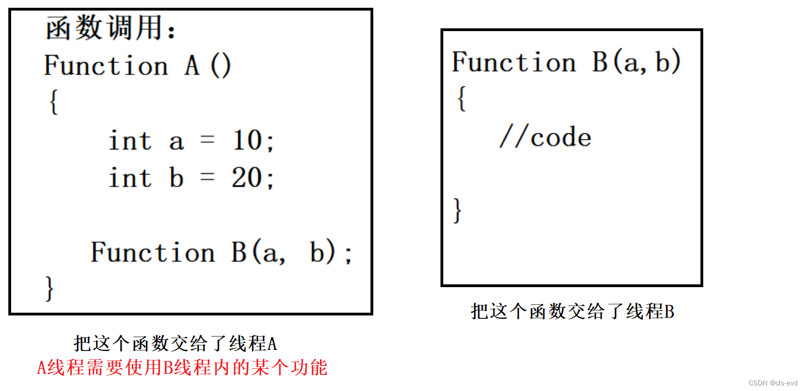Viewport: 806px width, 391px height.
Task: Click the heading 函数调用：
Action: [x=111, y=29]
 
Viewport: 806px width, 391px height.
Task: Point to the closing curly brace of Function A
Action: [x=50, y=288]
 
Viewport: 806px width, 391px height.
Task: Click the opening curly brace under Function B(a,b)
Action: [x=460, y=99]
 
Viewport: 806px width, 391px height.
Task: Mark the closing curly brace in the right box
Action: [x=458, y=210]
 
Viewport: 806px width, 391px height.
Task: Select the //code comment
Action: [x=545, y=137]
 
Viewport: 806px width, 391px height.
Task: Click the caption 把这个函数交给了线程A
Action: [x=175, y=344]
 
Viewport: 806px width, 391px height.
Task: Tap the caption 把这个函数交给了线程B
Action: [x=572, y=312]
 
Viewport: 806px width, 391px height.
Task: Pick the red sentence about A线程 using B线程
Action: [x=182, y=368]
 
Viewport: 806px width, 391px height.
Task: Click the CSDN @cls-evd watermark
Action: [x=773, y=383]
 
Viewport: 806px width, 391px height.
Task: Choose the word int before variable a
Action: [x=130, y=141]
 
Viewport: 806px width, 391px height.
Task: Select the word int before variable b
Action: [x=130, y=178]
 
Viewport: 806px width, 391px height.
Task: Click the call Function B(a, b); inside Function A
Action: [x=221, y=253]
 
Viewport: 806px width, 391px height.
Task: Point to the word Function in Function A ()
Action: [x=106, y=66]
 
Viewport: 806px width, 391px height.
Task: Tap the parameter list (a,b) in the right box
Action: [x=646, y=62]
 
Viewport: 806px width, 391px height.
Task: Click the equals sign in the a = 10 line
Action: [x=207, y=142]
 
